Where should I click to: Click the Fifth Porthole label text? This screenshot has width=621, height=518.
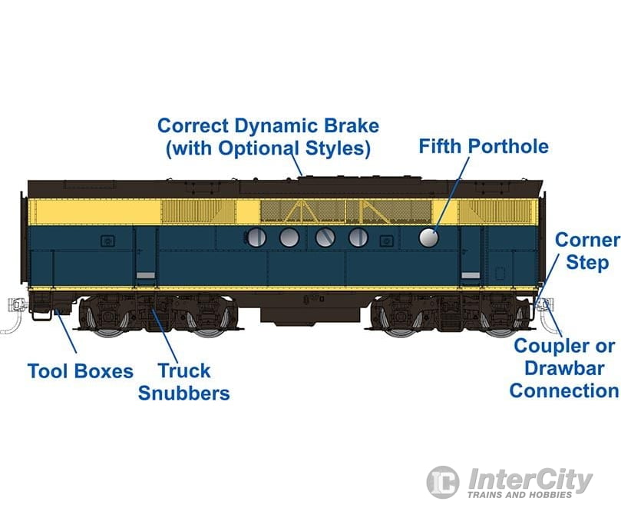point(484,146)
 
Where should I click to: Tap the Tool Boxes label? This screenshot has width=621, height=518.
point(81,371)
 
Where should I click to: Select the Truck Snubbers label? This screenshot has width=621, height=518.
point(183,382)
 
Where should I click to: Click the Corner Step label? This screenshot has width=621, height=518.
point(587,251)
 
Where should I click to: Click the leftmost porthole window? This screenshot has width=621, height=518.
point(256,237)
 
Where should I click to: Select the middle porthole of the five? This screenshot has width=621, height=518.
point(325,237)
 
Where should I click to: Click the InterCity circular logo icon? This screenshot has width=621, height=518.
point(443,481)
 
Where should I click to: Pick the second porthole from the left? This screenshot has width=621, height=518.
point(289,237)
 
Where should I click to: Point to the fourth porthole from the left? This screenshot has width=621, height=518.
point(358,237)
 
